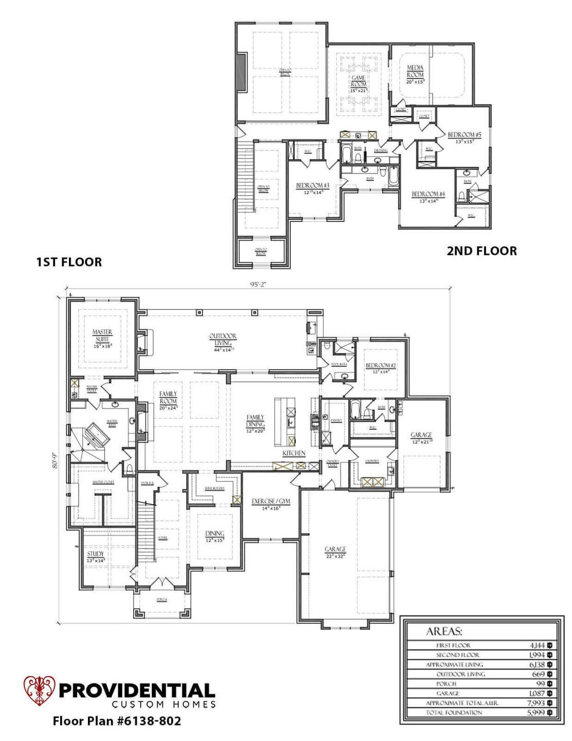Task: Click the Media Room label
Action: [x=415, y=71]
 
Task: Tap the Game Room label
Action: [x=358, y=81]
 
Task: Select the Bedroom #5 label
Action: [x=464, y=135]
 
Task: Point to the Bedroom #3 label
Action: [x=312, y=185]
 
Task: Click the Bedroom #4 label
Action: [x=428, y=194]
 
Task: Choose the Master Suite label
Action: [x=102, y=335]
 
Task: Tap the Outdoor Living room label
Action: [x=222, y=340]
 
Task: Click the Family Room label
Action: [x=168, y=397]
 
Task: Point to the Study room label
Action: [x=95, y=554]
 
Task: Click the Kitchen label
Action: [x=294, y=453]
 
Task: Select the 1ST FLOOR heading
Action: [x=68, y=262]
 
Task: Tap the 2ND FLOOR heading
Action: [x=481, y=251]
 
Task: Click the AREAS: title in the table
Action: [x=444, y=631]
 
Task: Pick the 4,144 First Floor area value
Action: [x=536, y=645]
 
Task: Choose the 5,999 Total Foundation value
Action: [x=536, y=712]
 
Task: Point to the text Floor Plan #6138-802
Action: [x=117, y=721]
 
